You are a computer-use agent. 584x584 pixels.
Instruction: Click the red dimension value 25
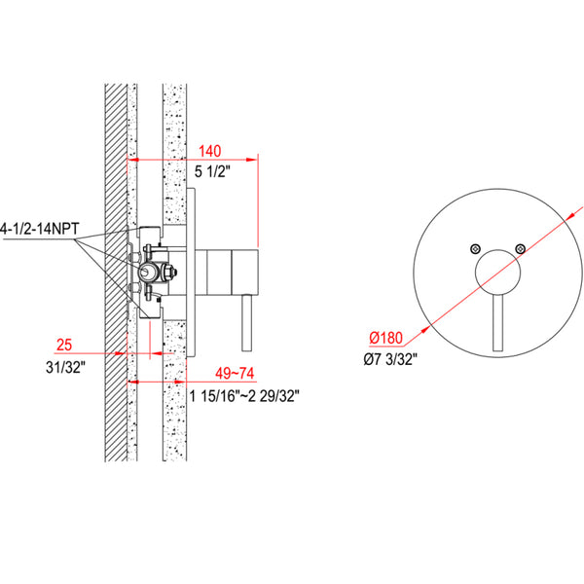click(x=65, y=346)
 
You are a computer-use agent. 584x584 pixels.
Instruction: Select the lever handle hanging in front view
click(x=498, y=326)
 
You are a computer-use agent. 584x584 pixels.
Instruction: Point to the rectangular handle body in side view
click(x=234, y=271)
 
